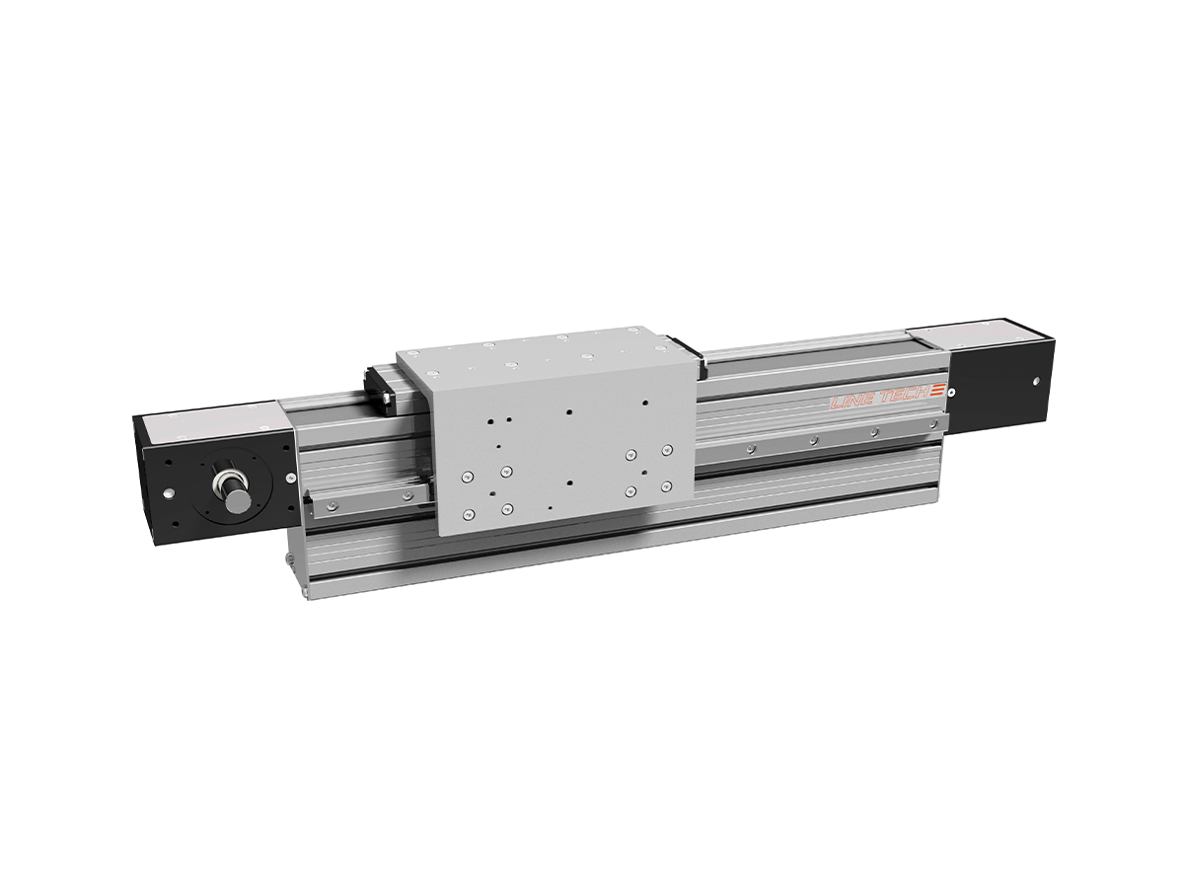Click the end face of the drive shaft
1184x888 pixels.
pyautogui.click(x=238, y=500)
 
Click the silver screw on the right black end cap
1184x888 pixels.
pyautogui.click(x=1035, y=381)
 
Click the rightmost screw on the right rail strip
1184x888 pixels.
pyautogui.click(x=873, y=433)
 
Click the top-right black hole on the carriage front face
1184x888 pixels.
pyautogui.click(x=644, y=403)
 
